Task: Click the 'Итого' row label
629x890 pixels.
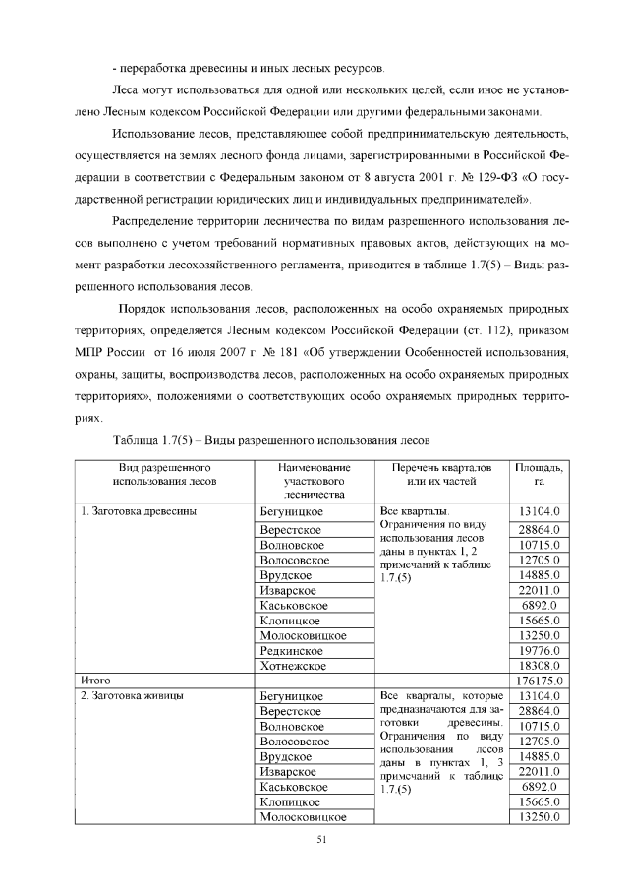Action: [95, 680]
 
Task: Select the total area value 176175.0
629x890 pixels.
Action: [539, 681]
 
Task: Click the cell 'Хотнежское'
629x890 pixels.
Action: [293, 666]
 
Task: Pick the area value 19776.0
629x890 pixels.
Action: [539, 650]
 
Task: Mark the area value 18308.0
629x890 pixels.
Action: [539, 666]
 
